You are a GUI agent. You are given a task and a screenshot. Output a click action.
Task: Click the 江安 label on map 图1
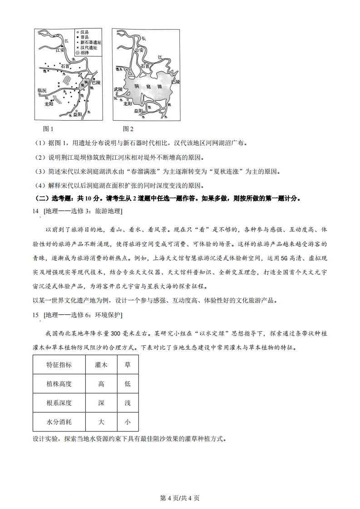pyautogui.click(x=60, y=50)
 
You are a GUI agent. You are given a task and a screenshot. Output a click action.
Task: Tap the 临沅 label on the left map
pyautogui.click(x=42, y=91)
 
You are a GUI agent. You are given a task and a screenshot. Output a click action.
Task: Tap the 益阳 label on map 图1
pyautogui.click(x=77, y=114)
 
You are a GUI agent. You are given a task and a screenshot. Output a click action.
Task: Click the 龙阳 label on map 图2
pyautogui.click(x=128, y=103)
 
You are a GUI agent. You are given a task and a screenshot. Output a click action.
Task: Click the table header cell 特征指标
pyautogui.click(x=59, y=365)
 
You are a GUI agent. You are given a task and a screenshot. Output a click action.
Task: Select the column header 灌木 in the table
pyautogui.click(x=101, y=365)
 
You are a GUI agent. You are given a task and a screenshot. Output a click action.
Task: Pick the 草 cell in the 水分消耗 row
pyautogui.click(x=127, y=421)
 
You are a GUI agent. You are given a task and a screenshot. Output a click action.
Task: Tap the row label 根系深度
pyautogui.click(x=59, y=402)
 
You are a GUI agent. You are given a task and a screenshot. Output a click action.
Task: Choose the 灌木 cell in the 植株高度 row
pyautogui.click(x=101, y=384)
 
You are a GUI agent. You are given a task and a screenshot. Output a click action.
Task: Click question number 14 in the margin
pyautogui.click(x=36, y=210)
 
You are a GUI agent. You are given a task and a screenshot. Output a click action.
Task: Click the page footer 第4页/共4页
pyautogui.click(x=180, y=498)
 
